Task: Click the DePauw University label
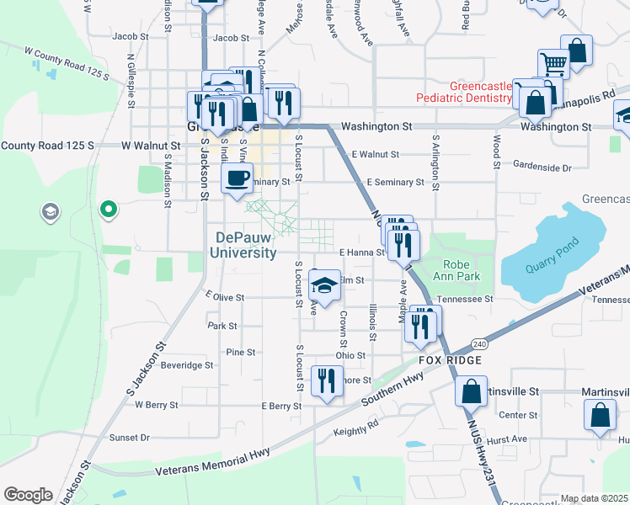(245, 245)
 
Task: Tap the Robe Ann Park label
(456, 268)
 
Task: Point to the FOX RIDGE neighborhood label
(451, 360)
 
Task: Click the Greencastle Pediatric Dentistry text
(464, 92)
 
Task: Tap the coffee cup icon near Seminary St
(236, 178)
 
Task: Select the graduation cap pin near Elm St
(323, 287)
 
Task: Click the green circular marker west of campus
(108, 209)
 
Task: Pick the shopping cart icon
(553, 62)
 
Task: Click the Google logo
(28, 494)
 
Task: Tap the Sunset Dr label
(130, 438)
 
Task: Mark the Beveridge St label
(187, 365)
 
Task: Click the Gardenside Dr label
(542, 167)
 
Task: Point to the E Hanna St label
(362, 252)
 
